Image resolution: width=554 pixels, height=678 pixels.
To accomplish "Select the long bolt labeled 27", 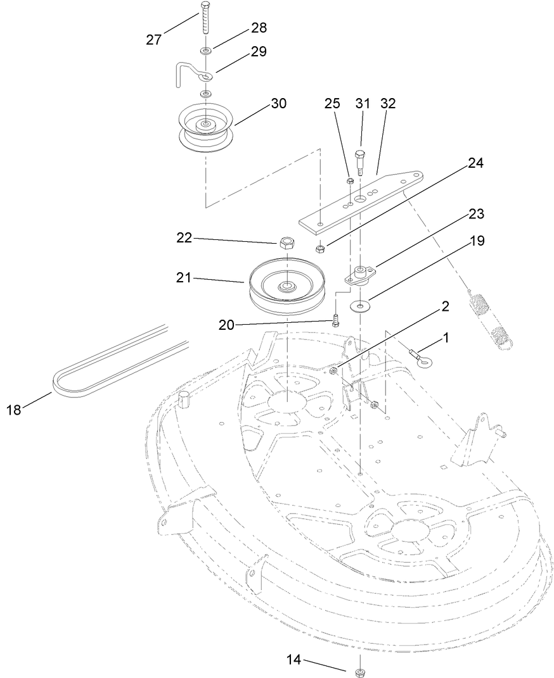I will (x=206, y=20).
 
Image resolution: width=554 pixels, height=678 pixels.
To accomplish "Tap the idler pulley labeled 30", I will (x=207, y=130).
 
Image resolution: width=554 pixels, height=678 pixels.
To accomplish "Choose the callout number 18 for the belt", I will (x=13, y=410).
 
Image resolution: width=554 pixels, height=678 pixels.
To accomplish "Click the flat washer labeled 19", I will (x=361, y=308).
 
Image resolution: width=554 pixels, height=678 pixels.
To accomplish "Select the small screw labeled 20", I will (x=335, y=319).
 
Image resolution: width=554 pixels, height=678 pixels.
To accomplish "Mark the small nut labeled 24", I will (x=321, y=248).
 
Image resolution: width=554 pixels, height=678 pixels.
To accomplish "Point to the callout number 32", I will (x=388, y=104).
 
